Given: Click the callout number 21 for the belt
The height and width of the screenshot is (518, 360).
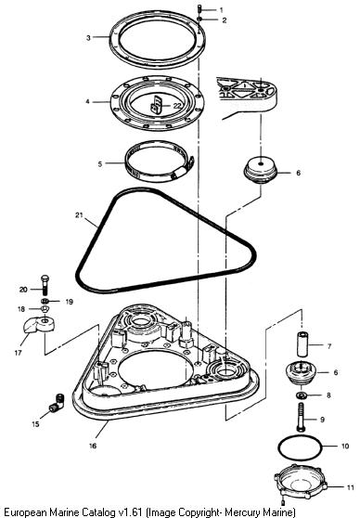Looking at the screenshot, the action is [79, 215].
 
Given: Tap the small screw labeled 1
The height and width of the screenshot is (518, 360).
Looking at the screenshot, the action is [199, 8].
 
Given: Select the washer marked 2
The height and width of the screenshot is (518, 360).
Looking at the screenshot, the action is [199, 19].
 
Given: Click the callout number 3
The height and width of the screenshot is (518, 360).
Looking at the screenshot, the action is [88, 38].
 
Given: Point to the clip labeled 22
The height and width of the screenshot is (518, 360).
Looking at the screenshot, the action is [156, 106].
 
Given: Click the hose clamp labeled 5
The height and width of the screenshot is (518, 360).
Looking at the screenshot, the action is [160, 161].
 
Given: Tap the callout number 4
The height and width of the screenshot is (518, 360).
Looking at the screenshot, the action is [87, 101].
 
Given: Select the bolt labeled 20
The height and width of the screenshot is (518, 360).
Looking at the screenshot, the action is [45, 285].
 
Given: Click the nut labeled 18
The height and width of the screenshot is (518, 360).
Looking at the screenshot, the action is [45, 309].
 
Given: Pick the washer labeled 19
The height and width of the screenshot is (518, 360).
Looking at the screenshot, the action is [45, 301].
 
